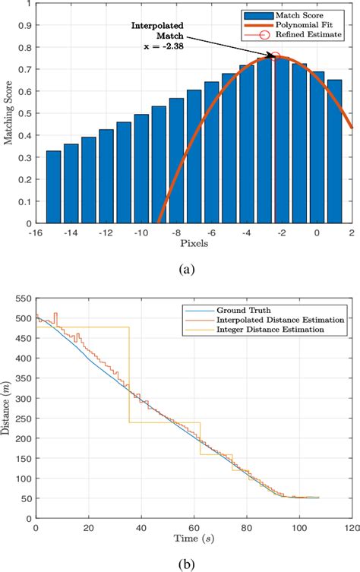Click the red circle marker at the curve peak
point(276,57)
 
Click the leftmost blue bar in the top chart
point(53,187)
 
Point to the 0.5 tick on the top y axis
point(25,113)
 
